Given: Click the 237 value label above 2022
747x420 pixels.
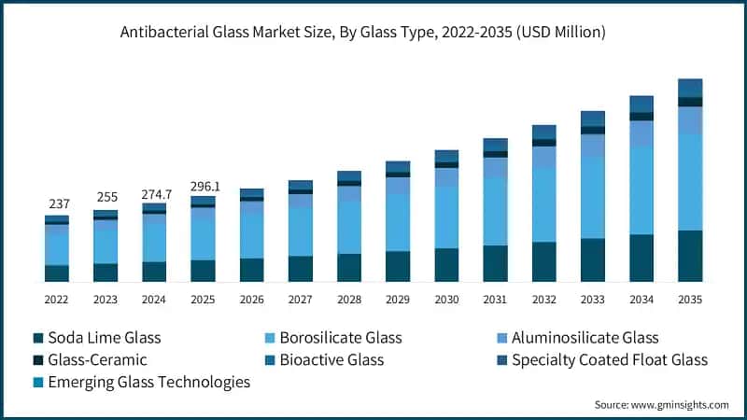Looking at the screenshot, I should coord(57,203).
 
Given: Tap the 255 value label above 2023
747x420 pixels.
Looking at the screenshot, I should coord(106,198).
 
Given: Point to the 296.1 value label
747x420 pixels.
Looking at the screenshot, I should coord(203,186).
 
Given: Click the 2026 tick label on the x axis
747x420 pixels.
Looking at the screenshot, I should coord(251,300).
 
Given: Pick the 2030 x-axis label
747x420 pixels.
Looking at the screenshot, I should coord(446,300).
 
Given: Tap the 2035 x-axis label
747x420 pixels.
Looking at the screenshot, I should coord(690,300).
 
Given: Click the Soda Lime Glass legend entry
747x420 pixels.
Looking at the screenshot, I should coord(105,337).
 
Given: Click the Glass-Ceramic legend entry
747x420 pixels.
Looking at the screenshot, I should coord(97,359).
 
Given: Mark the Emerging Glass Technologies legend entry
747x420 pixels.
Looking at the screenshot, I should coord(148,382).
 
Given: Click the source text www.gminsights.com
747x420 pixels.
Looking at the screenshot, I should coord(661,405).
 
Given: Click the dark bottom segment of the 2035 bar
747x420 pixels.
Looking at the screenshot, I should coord(690,256).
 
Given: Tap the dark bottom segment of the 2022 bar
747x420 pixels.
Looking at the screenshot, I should coord(57,273).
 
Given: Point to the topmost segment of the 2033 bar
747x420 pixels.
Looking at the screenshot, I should coord(593,119).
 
